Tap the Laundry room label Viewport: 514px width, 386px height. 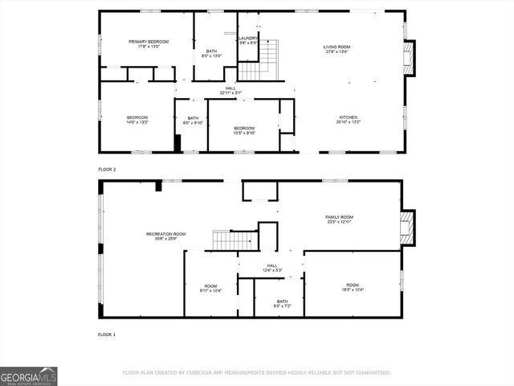point(247,40)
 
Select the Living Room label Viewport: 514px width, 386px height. point(337,49)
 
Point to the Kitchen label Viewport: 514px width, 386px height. point(349,119)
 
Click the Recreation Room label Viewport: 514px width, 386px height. point(165,236)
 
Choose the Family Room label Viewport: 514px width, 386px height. point(339,220)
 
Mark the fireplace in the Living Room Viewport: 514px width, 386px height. point(410,58)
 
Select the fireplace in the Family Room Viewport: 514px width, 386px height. point(407,228)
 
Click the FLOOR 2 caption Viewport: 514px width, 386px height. point(107,170)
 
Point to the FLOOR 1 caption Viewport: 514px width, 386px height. point(107,334)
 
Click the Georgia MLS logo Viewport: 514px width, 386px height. point(28,376)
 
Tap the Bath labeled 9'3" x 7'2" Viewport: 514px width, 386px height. point(277,303)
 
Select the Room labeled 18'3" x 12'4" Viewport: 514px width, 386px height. point(353,287)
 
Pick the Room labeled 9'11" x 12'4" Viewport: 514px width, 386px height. point(210,288)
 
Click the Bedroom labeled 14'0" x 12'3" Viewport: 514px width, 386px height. point(137,120)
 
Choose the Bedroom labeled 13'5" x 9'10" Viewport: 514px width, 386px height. point(244,130)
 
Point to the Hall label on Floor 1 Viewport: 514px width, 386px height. point(271,268)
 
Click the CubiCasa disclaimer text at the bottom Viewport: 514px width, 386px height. point(256,372)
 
